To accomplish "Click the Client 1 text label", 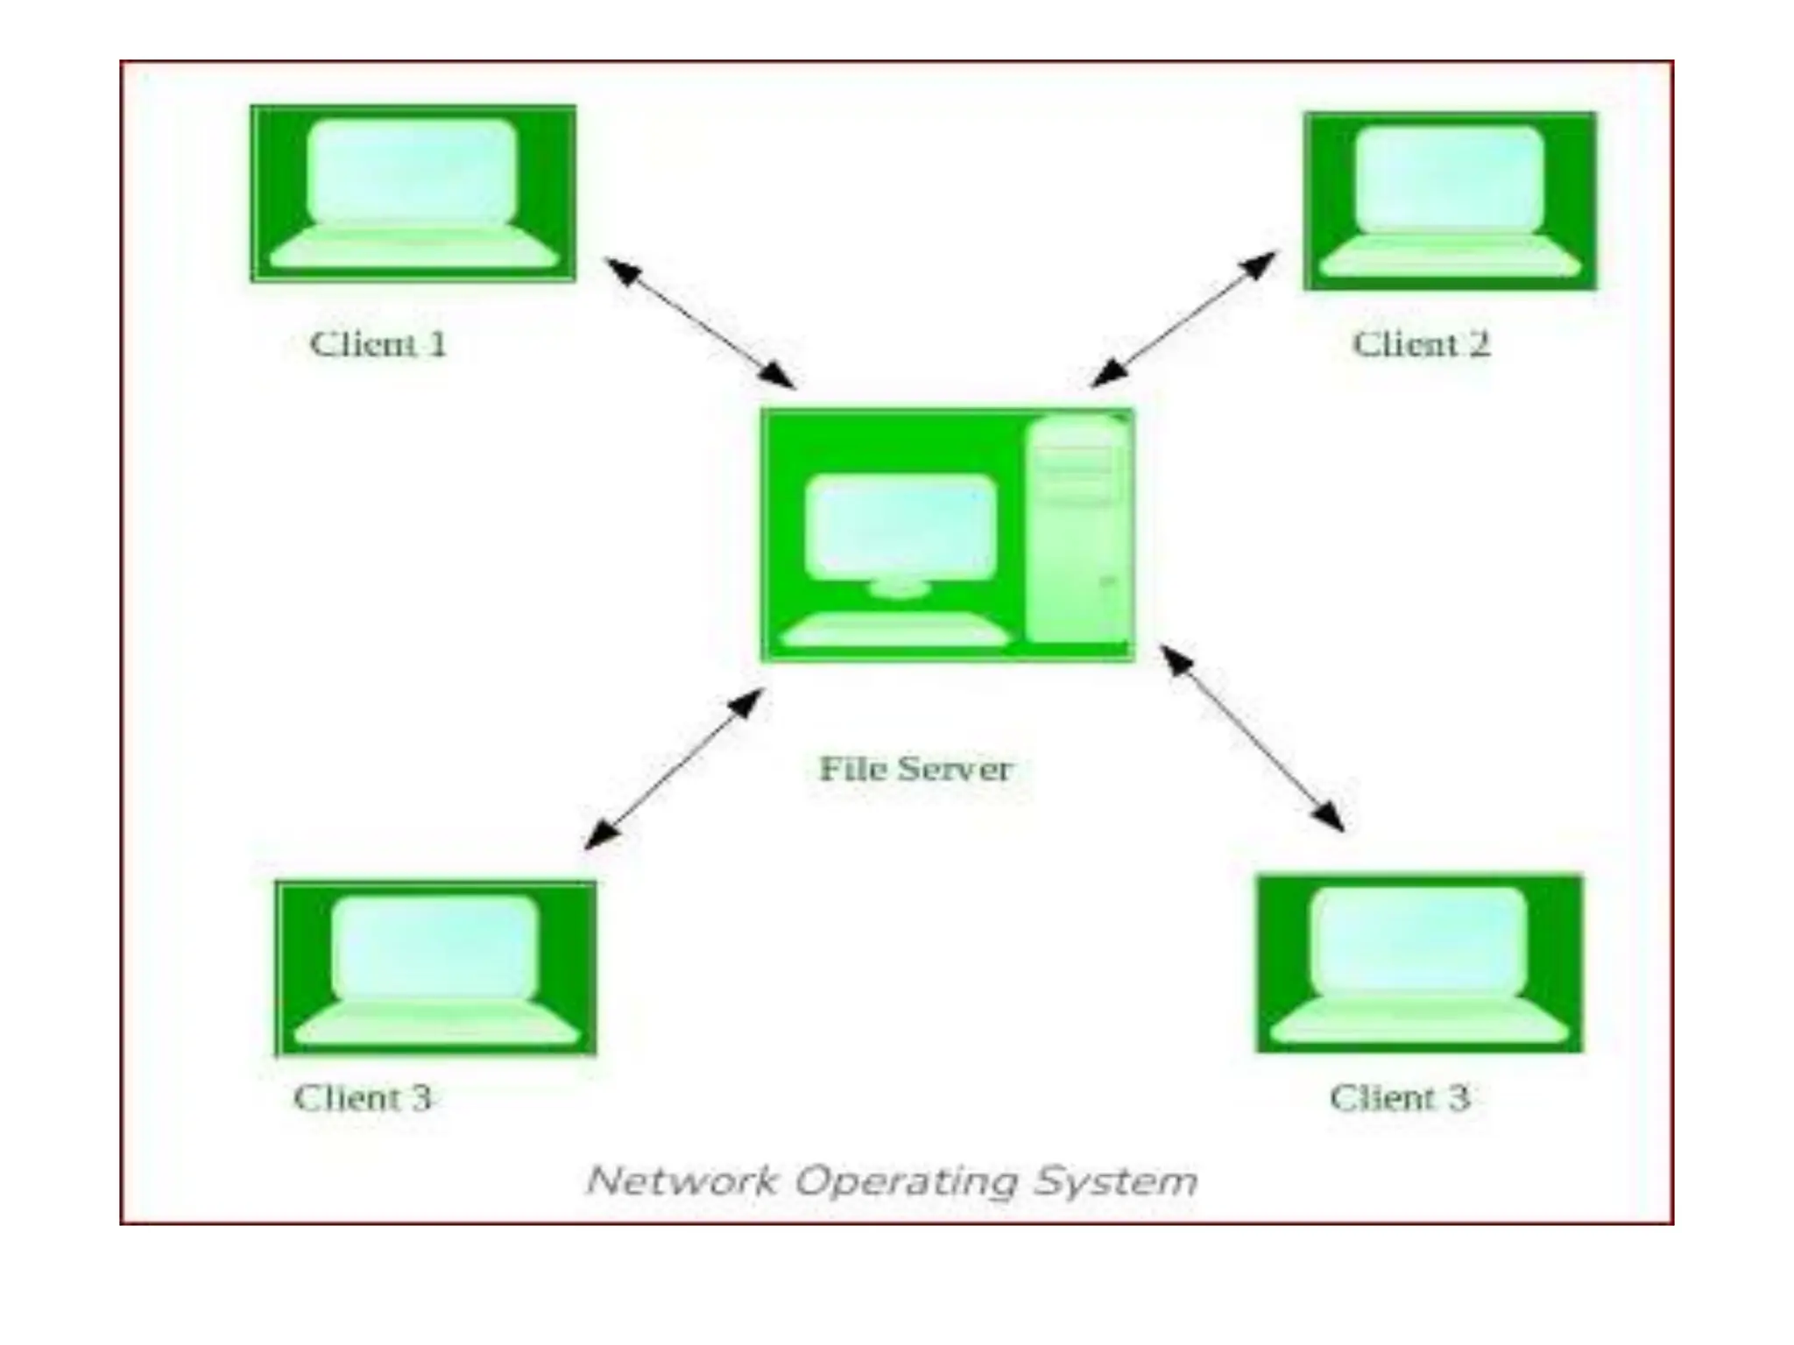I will click(378, 343).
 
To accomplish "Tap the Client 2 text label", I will click(1421, 343).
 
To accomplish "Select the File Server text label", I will click(915, 769).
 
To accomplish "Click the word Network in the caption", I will click(682, 1180).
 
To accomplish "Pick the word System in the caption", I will click(1115, 1180).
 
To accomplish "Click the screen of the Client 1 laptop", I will click(413, 172).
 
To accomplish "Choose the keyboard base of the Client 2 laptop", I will click(1450, 257).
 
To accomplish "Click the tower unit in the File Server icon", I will click(1077, 530).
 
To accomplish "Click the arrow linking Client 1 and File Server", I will click(700, 323).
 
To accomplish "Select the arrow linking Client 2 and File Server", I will click(1183, 320).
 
